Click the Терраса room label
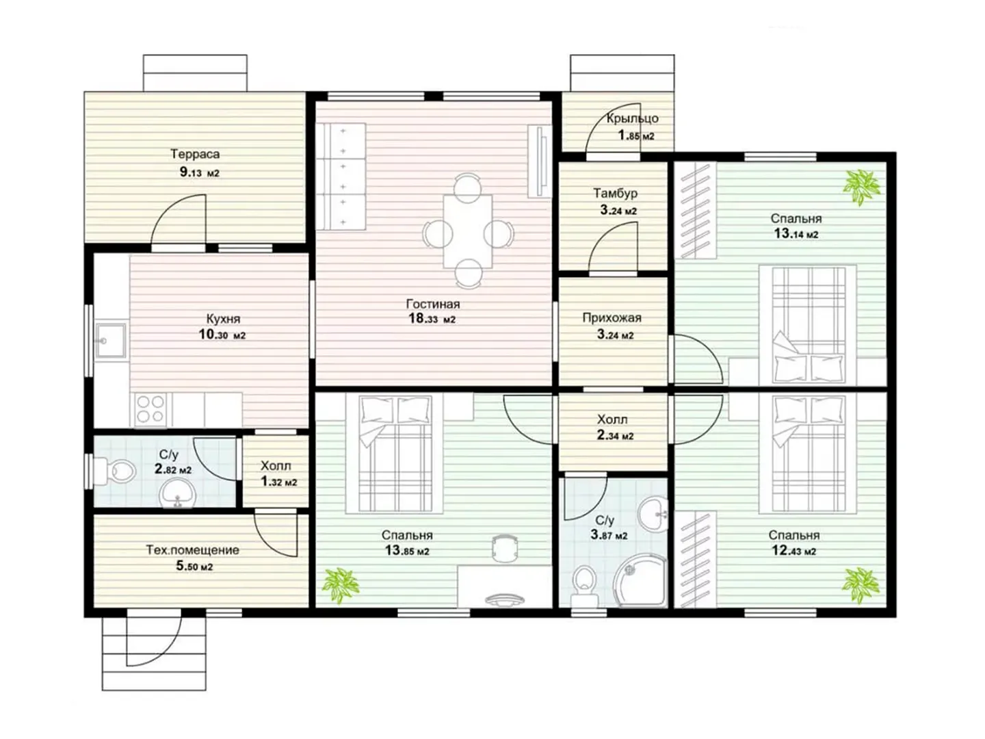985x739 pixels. point(195,154)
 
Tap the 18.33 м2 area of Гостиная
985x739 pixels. point(432,319)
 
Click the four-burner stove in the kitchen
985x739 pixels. point(150,409)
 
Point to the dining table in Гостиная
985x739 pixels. point(467,231)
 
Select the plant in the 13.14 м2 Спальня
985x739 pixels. point(861,187)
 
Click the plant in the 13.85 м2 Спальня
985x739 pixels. point(341,584)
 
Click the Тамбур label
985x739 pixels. point(615,193)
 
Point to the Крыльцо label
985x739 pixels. point(632,118)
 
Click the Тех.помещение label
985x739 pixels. point(192,550)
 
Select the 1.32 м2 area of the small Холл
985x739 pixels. point(278,482)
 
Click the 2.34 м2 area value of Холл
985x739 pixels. point(615,435)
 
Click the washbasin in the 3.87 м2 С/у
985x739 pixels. point(653,513)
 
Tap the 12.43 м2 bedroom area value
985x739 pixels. point(793,551)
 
